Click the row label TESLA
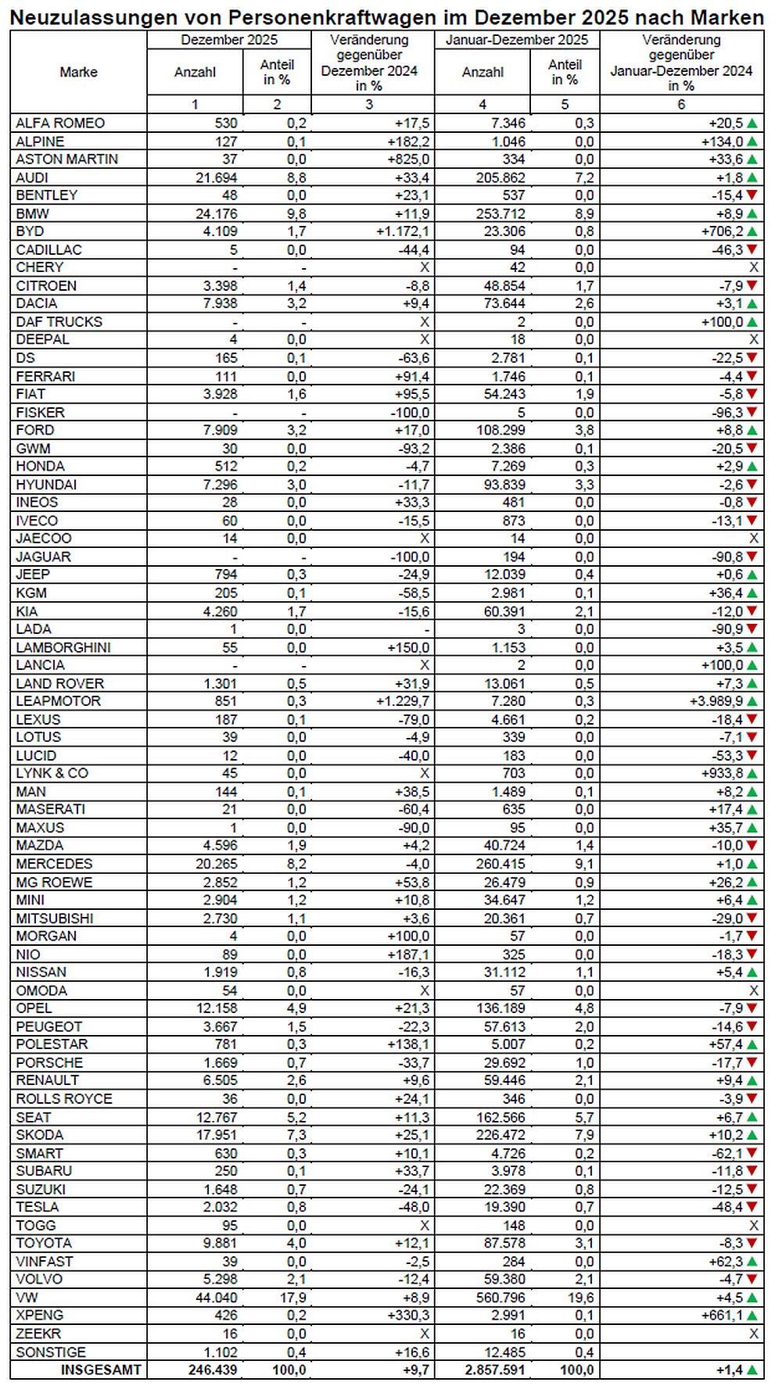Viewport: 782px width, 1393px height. [x=37, y=1207]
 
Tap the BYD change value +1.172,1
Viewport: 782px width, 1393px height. [x=403, y=231]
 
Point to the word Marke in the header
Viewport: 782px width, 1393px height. [x=78, y=72]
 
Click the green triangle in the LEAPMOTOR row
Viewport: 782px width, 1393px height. [x=752, y=702]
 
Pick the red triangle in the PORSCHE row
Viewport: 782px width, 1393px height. [x=752, y=1062]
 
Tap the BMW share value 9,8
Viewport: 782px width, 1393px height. [x=296, y=213]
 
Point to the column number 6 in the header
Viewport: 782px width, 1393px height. [x=681, y=104]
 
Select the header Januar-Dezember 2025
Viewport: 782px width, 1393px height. [x=517, y=40]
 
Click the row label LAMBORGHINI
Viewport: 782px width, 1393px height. [x=63, y=647]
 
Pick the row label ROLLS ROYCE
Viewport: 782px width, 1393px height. [x=64, y=1098]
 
